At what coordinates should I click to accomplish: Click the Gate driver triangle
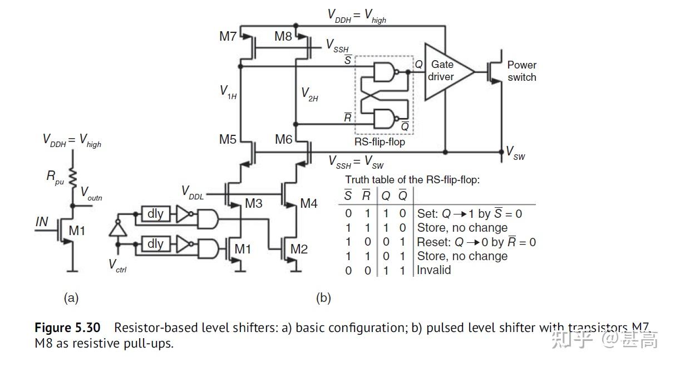(445, 71)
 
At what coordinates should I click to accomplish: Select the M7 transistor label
(228, 37)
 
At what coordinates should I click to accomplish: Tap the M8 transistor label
(283, 37)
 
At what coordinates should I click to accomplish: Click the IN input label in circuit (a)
(42, 222)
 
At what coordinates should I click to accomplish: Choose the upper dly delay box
(156, 213)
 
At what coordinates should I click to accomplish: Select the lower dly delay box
(156, 243)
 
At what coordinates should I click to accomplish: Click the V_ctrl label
(117, 266)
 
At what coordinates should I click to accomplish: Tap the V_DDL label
(193, 192)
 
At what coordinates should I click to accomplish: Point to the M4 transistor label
(309, 203)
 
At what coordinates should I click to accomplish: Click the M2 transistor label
(299, 249)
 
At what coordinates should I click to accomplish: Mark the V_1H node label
(228, 92)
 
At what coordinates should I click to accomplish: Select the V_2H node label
(309, 94)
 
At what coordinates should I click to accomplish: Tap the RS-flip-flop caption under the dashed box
(380, 142)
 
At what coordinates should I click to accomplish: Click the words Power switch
(521, 71)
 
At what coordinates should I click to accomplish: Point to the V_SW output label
(515, 153)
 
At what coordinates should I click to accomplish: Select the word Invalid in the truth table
(433, 270)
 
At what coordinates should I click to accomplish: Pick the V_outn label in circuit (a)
(91, 194)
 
